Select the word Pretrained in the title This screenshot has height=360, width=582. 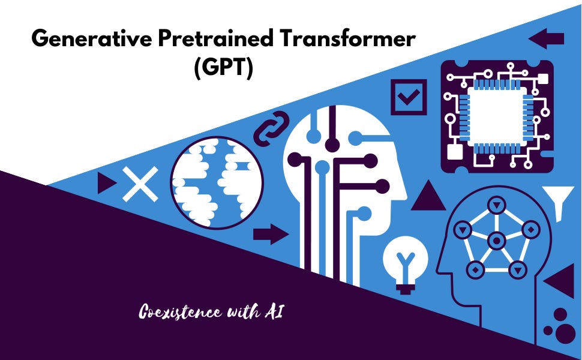[x=209, y=40]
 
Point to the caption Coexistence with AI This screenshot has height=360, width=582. [x=211, y=312]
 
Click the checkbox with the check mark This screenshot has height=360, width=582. [x=409, y=97]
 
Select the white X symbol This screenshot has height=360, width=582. [x=140, y=183]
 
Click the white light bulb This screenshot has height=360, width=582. [x=406, y=262]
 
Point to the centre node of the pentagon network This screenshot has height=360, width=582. [x=496, y=241]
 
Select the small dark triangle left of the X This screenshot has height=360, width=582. [x=106, y=183]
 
